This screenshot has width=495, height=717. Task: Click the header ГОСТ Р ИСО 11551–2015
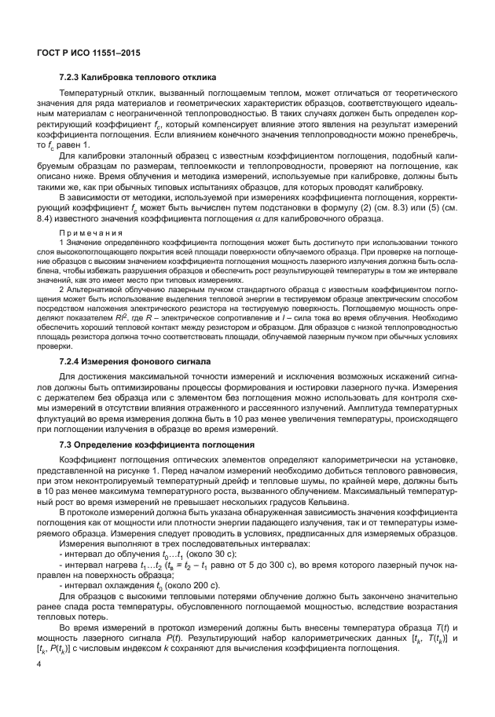85,50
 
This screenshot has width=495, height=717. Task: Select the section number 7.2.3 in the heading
73,78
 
